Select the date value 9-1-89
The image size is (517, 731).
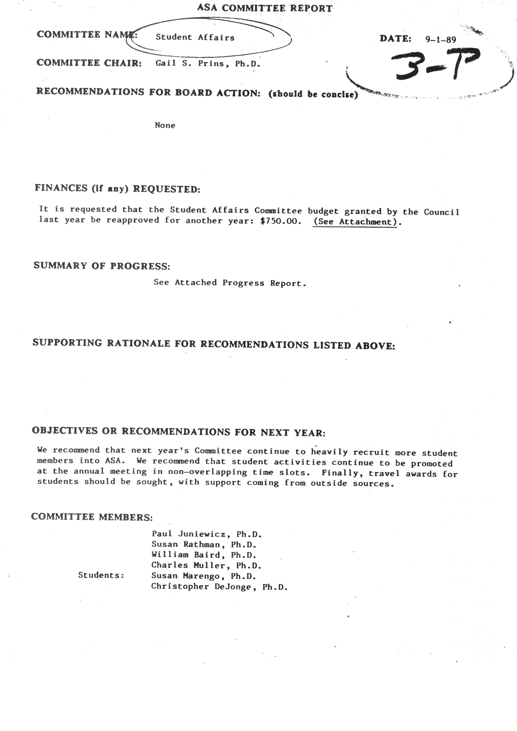[x=441, y=39]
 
